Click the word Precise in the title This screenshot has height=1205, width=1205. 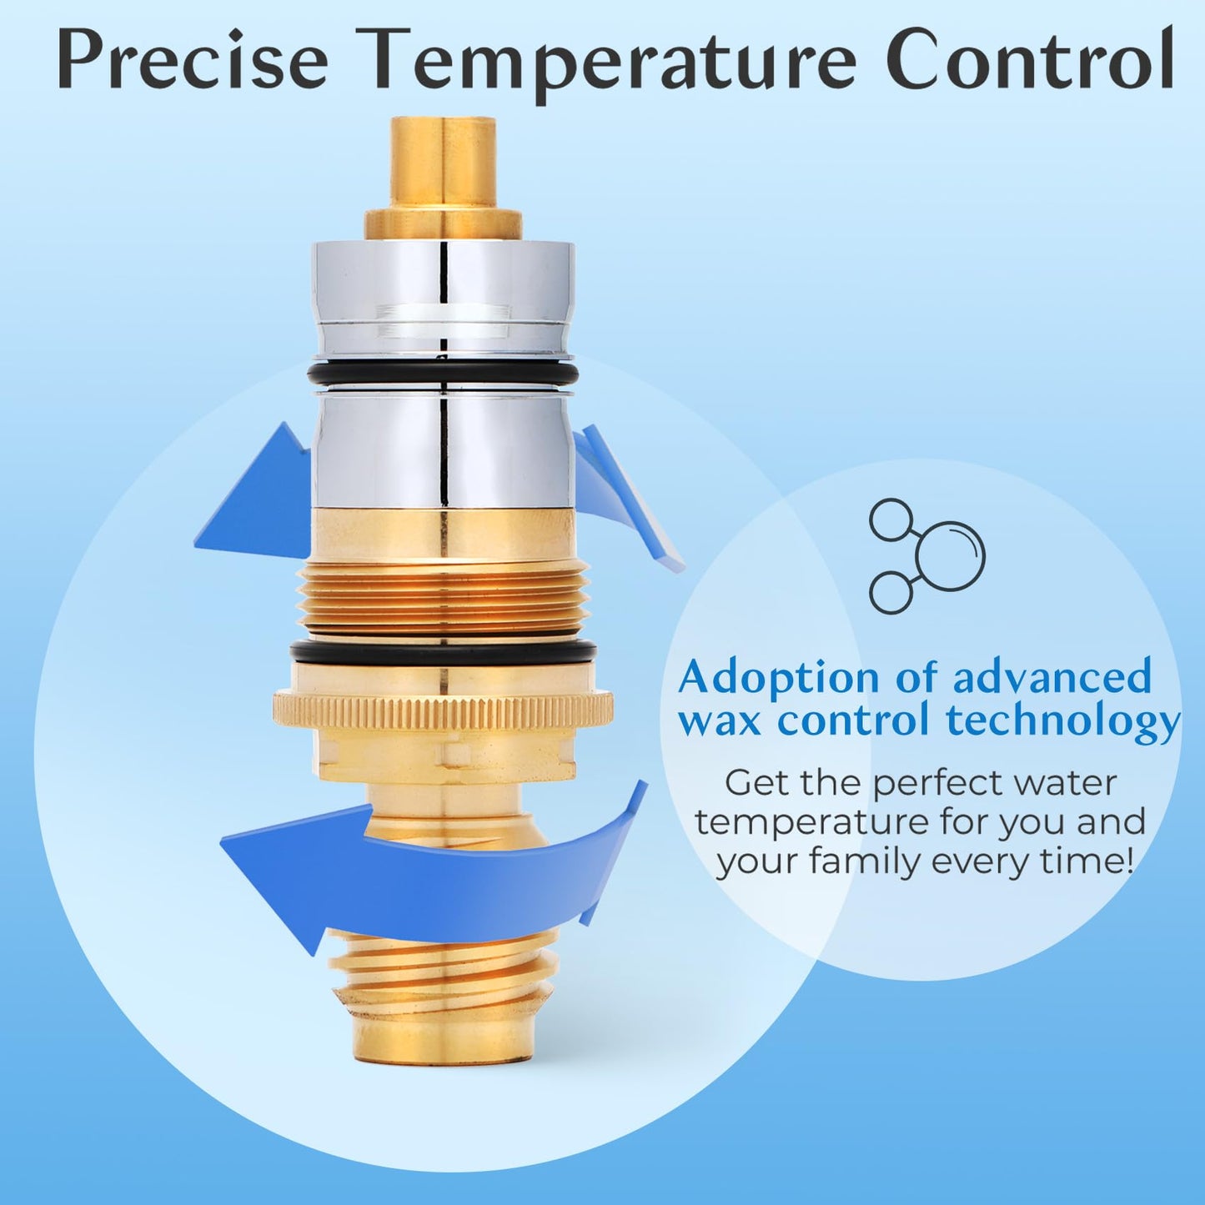(193, 61)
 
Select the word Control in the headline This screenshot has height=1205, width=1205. (1029, 61)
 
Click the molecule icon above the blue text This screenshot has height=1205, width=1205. (926, 556)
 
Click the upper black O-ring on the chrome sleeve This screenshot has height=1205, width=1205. (443, 373)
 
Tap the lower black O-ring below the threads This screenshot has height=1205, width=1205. (443, 651)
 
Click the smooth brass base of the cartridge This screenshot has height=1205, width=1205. (443, 1038)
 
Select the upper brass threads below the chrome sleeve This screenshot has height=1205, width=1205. (443, 596)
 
